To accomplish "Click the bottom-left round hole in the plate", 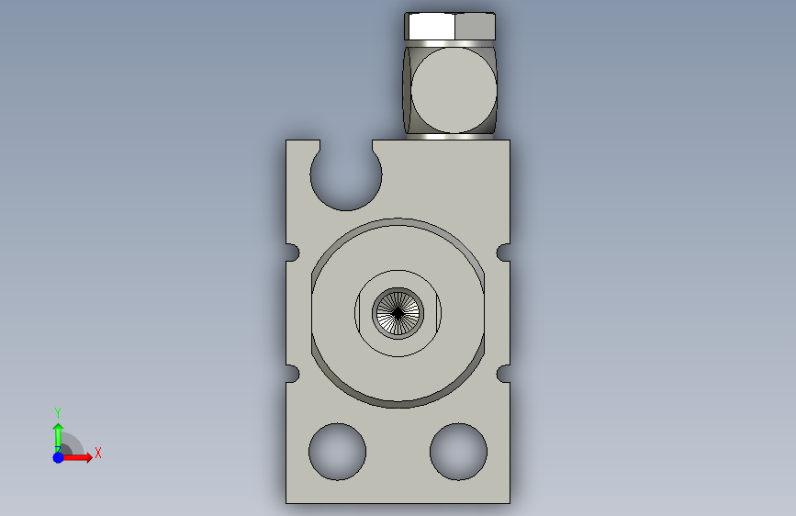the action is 337,452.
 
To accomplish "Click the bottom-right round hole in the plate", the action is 458,452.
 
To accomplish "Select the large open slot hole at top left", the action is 346,174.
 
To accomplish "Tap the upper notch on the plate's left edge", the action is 293,252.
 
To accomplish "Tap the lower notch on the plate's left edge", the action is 293,374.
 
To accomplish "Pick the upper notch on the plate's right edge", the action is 503,252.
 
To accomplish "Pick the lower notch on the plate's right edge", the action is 503,374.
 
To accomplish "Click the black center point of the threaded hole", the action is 398,313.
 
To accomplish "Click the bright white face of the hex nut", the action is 432,27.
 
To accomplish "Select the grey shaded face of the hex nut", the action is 475,27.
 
